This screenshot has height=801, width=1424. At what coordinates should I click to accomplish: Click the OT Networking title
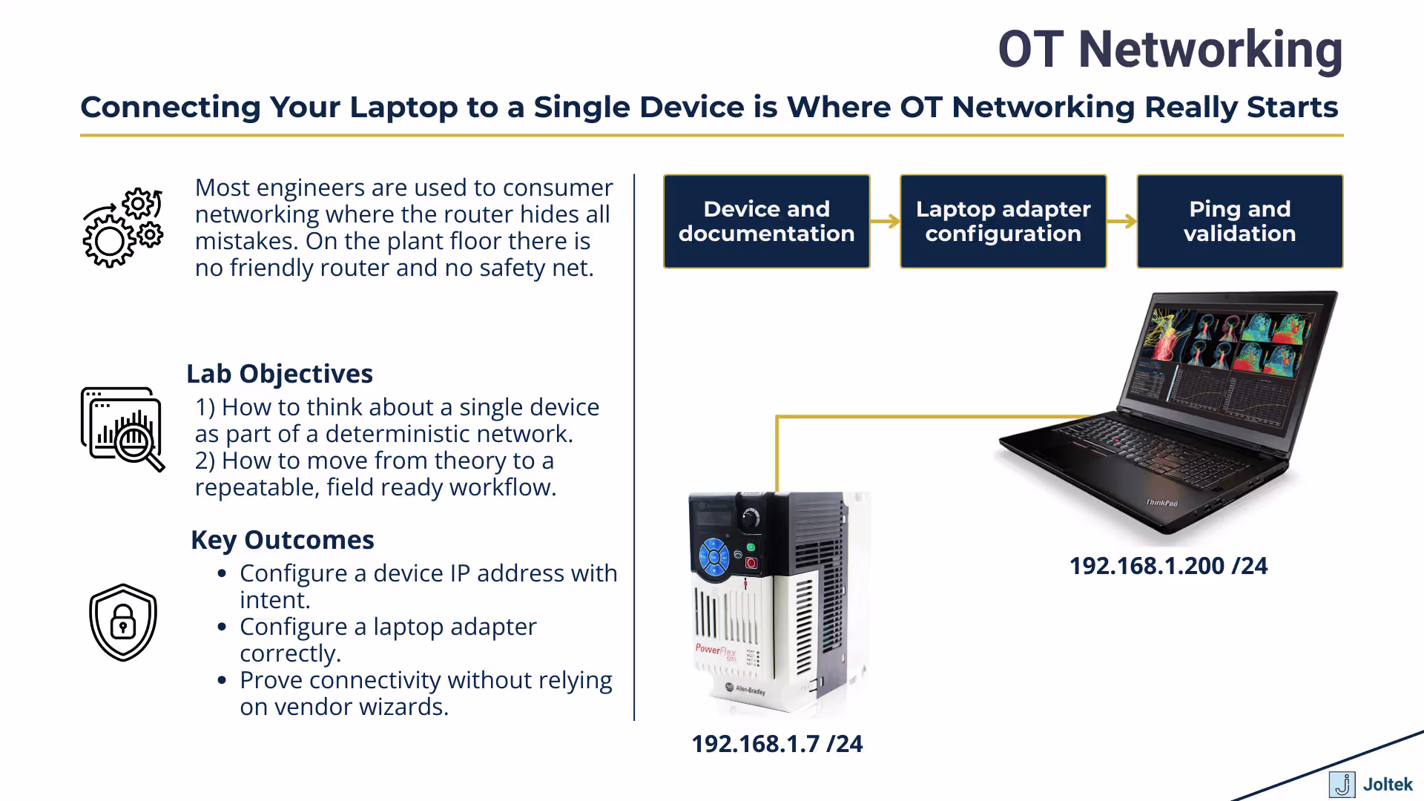[x=1170, y=50]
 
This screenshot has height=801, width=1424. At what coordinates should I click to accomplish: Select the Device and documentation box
[x=766, y=221]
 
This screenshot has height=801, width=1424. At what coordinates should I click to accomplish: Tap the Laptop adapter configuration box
[x=1003, y=221]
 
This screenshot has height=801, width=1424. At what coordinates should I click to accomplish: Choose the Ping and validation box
[x=1239, y=221]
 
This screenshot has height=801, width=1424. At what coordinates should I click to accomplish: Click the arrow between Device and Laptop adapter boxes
[x=885, y=221]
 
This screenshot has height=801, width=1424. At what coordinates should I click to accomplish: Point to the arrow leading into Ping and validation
[x=1121, y=221]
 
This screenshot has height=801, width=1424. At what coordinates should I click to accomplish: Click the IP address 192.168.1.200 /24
[x=1168, y=566]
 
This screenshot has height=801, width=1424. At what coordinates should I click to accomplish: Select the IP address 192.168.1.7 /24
[x=777, y=744]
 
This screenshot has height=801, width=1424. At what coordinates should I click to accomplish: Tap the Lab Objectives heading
[x=280, y=374]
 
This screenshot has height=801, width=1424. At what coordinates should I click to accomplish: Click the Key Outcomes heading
[x=283, y=540]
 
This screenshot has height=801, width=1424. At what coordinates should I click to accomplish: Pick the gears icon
[x=122, y=227]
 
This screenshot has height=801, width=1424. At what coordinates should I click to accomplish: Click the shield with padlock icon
[x=123, y=622]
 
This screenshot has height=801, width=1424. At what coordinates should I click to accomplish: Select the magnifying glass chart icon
[x=122, y=429]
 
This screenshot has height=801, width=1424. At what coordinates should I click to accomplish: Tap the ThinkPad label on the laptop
[x=1161, y=503]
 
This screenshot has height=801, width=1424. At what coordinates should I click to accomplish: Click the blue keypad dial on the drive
[x=714, y=556]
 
